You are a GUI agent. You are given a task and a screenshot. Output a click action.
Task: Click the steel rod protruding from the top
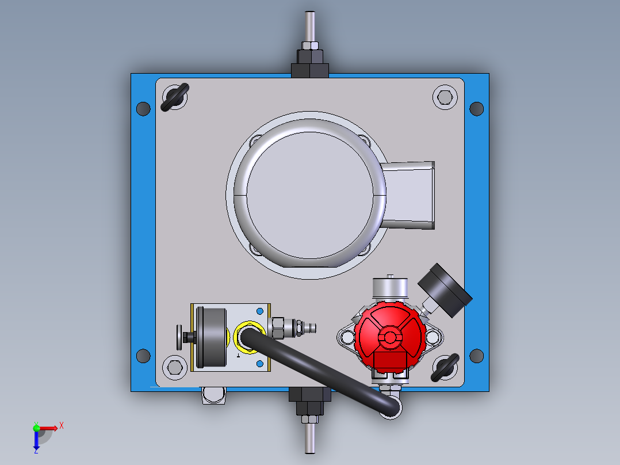310,25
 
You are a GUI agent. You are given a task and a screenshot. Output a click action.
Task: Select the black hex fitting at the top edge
310,63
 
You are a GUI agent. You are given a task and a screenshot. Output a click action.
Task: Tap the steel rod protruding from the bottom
309,441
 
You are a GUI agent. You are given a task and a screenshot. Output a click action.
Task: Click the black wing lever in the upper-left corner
174,97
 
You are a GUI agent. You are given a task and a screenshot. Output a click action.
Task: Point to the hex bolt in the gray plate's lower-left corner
174,366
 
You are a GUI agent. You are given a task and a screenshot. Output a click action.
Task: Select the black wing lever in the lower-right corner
445,368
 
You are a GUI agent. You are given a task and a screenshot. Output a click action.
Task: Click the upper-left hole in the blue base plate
143,108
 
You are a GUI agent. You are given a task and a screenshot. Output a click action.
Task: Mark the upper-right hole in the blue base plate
477,108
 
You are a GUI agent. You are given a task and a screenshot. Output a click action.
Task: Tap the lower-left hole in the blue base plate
143,356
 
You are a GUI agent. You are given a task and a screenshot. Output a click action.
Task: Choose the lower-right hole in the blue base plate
477,356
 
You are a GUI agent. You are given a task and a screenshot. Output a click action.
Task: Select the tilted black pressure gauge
445,289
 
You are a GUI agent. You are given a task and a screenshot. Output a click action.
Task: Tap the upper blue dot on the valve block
260,311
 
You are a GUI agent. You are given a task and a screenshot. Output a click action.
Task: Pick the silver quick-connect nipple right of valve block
305,328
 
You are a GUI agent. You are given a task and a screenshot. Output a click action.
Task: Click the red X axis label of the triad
61,426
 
